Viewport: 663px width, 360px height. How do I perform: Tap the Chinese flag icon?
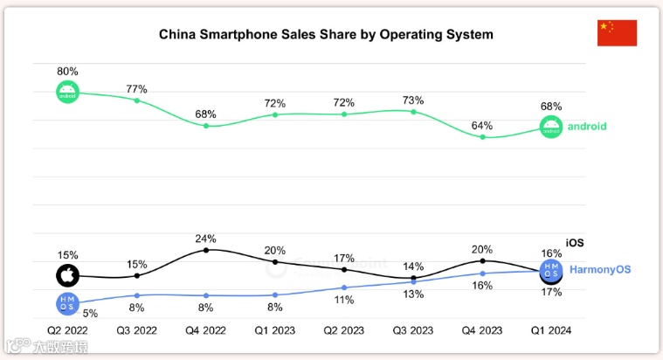617,32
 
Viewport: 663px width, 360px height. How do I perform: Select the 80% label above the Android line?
68,71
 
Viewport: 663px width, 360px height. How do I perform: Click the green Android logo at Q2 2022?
68,92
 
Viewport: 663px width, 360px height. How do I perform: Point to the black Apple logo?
67,276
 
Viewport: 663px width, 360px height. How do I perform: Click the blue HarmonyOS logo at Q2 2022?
67,304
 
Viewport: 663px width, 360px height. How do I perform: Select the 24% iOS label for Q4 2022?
206,238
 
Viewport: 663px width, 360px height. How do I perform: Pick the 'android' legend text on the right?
587,127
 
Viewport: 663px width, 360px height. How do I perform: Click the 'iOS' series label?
574,242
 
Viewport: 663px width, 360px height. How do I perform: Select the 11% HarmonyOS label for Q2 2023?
344,300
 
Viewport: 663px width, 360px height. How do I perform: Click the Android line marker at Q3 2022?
137,100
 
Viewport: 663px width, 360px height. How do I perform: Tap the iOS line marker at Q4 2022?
206,250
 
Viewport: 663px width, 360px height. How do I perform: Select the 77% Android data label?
137,88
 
